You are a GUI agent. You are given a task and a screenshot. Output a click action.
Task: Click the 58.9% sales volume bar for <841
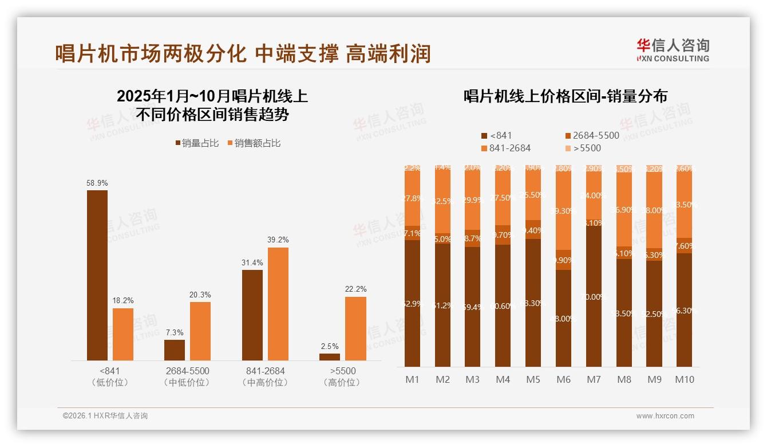point(97,275)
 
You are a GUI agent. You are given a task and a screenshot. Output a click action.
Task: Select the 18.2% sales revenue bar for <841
point(123,334)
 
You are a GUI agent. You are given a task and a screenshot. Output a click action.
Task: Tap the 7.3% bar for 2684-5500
point(175,350)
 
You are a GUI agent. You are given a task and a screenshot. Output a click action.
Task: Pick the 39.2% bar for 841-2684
point(278,304)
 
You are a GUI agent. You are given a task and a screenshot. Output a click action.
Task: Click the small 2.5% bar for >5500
point(330,357)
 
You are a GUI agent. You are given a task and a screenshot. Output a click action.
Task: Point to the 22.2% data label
point(355,289)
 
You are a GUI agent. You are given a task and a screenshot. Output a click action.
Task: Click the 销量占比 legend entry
point(197,143)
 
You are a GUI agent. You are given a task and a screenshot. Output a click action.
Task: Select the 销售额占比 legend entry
point(254,143)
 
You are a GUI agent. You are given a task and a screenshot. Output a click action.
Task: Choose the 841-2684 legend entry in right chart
point(506,148)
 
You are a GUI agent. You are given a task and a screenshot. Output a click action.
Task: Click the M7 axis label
point(594,379)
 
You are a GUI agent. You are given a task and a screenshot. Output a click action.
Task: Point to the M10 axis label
point(684,379)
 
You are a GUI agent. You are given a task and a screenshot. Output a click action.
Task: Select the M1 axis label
point(412,379)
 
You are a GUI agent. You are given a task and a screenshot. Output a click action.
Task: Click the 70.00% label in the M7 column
point(594,297)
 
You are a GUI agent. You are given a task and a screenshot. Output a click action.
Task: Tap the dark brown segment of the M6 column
point(563,318)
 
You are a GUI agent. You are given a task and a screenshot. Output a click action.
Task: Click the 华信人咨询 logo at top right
point(673,50)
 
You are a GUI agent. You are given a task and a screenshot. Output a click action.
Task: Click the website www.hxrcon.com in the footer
point(665,416)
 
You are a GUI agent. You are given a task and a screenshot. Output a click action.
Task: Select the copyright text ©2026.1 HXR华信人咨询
point(105,416)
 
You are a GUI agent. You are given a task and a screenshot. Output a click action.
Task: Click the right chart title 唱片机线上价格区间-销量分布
point(566,96)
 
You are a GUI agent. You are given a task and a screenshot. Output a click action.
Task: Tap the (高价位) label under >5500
point(342,382)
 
